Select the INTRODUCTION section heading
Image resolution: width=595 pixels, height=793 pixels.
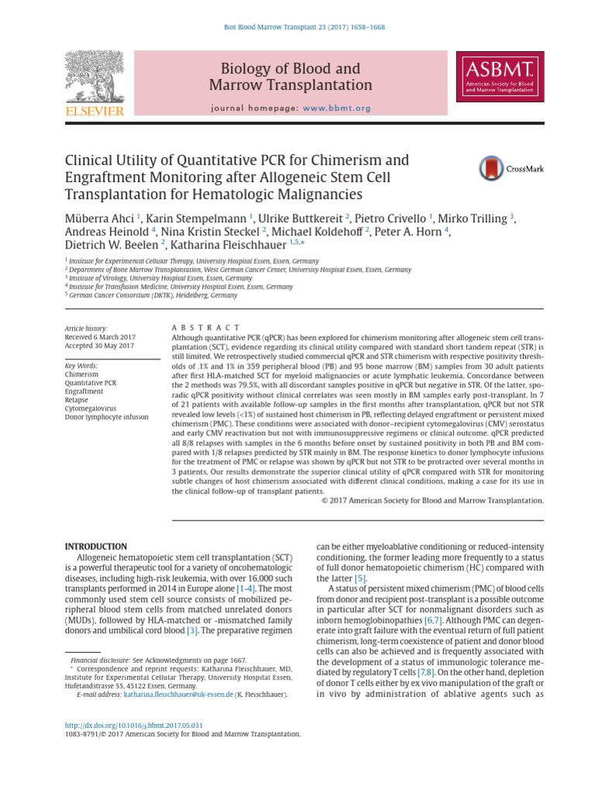(96, 546)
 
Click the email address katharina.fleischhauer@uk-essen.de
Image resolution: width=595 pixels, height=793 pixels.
(178, 695)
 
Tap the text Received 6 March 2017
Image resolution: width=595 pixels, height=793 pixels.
(100, 337)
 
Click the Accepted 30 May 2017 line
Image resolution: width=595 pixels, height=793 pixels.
(99, 346)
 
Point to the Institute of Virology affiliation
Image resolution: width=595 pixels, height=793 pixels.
(160, 278)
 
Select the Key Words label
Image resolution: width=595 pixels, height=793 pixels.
(81, 366)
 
